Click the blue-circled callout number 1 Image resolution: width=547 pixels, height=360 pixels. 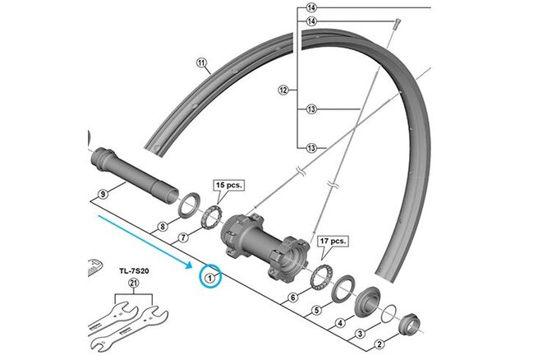coord(211,278)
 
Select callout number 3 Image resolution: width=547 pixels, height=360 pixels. coord(359,334)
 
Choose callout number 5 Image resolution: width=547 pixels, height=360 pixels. coord(316,311)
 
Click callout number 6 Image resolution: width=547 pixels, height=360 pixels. coord(292,298)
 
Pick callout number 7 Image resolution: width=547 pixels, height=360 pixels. coord(184,237)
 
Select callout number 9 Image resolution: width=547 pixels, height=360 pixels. coord(103,194)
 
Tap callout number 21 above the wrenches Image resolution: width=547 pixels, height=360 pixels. coord(132,284)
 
